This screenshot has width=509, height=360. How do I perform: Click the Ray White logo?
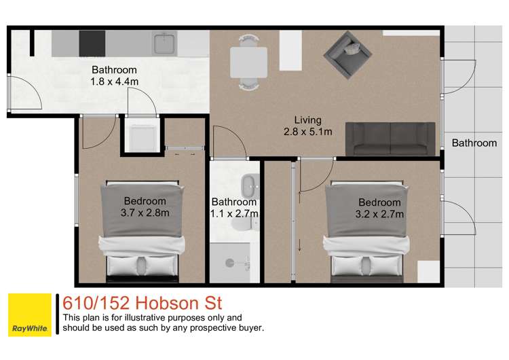[29, 314]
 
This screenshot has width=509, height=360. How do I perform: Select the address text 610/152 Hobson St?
[141, 302]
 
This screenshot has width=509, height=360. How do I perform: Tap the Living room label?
[307, 120]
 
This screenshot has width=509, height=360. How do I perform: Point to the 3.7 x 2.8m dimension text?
[145, 213]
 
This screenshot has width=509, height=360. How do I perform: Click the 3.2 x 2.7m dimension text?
[380, 214]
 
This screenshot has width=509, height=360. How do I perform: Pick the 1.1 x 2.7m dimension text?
[234, 214]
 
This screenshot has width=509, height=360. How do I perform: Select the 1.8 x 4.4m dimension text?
[114, 82]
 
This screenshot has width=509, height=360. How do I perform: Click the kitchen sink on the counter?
[164, 43]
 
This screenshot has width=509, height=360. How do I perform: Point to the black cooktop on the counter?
[92, 43]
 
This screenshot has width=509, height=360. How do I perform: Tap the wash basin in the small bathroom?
[249, 183]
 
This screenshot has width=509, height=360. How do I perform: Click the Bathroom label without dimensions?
[474, 143]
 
